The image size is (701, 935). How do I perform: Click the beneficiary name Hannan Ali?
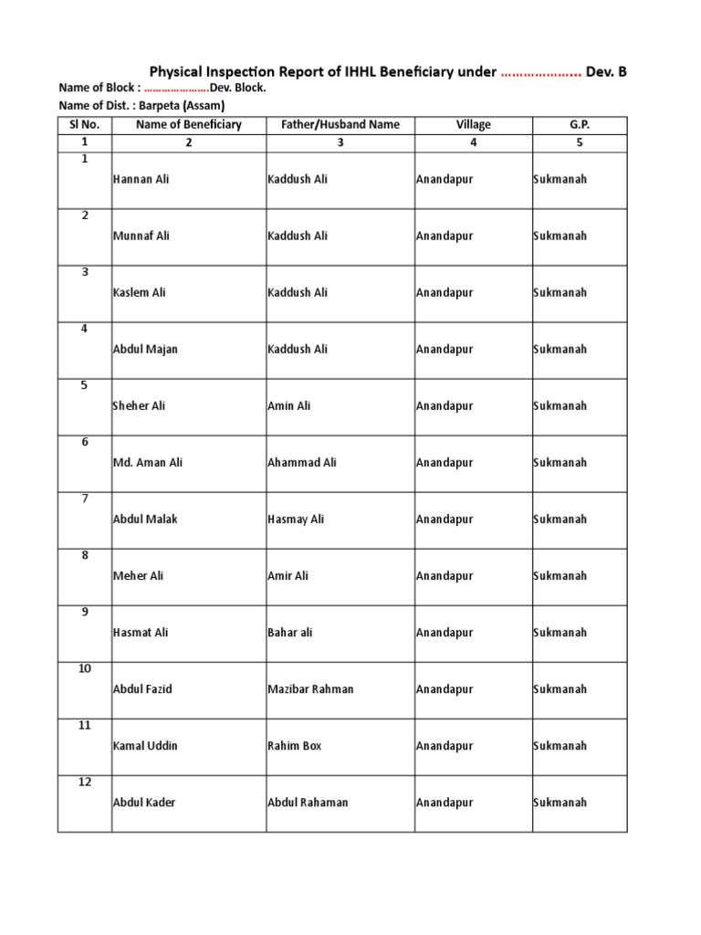click(141, 180)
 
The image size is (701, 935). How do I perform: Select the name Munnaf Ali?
click(141, 236)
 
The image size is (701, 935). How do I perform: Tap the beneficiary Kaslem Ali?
click(139, 293)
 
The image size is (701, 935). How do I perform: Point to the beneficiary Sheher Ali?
click(139, 406)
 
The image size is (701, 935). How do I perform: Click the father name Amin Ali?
click(288, 406)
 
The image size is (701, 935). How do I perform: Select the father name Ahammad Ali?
click(301, 463)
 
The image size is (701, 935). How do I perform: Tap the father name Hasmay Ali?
click(296, 520)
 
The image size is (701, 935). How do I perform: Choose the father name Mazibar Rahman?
click(310, 689)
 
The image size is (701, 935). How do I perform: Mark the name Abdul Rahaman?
click(308, 803)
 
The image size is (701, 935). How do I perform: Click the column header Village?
click(474, 125)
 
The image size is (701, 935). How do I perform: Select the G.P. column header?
click(580, 125)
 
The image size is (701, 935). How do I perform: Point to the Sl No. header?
click(84, 125)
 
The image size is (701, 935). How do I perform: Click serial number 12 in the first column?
click(84, 783)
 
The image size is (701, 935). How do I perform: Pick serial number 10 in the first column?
click(84, 669)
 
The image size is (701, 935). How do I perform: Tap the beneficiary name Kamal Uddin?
click(144, 746)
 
